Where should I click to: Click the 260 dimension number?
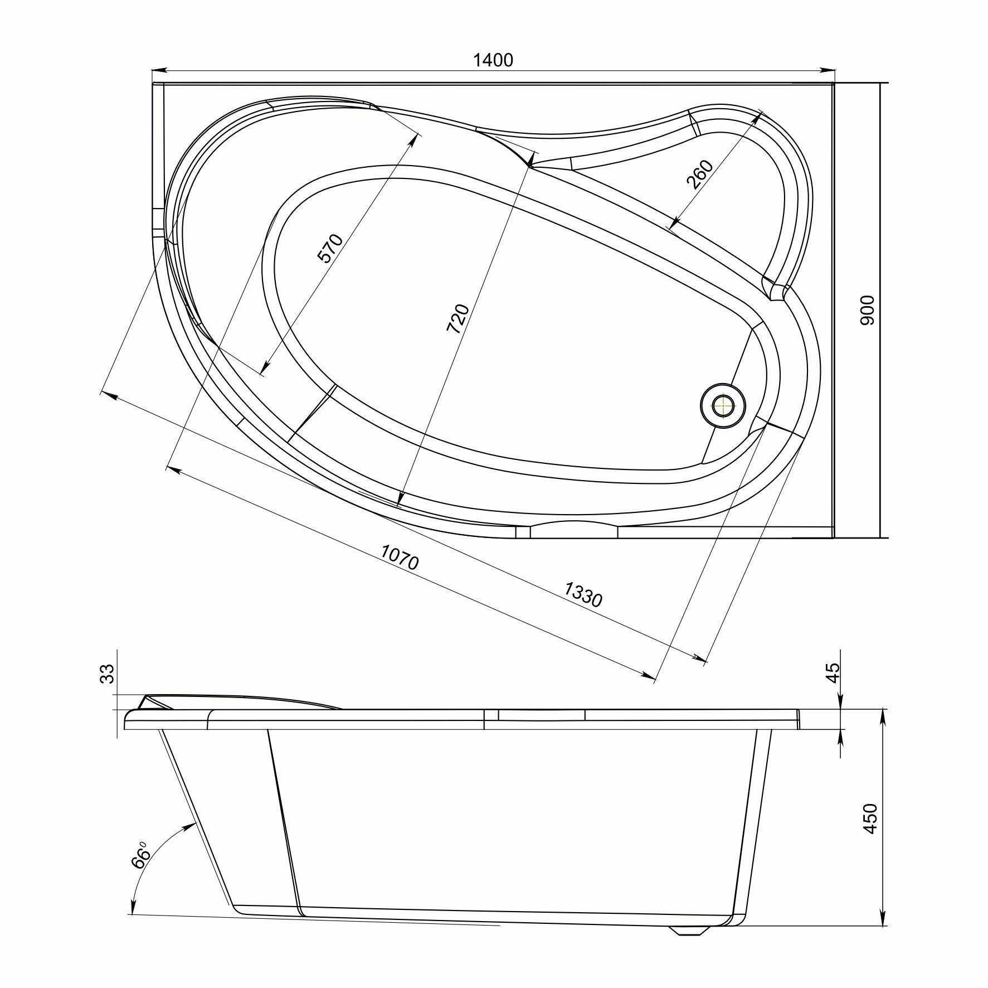[700, 175]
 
